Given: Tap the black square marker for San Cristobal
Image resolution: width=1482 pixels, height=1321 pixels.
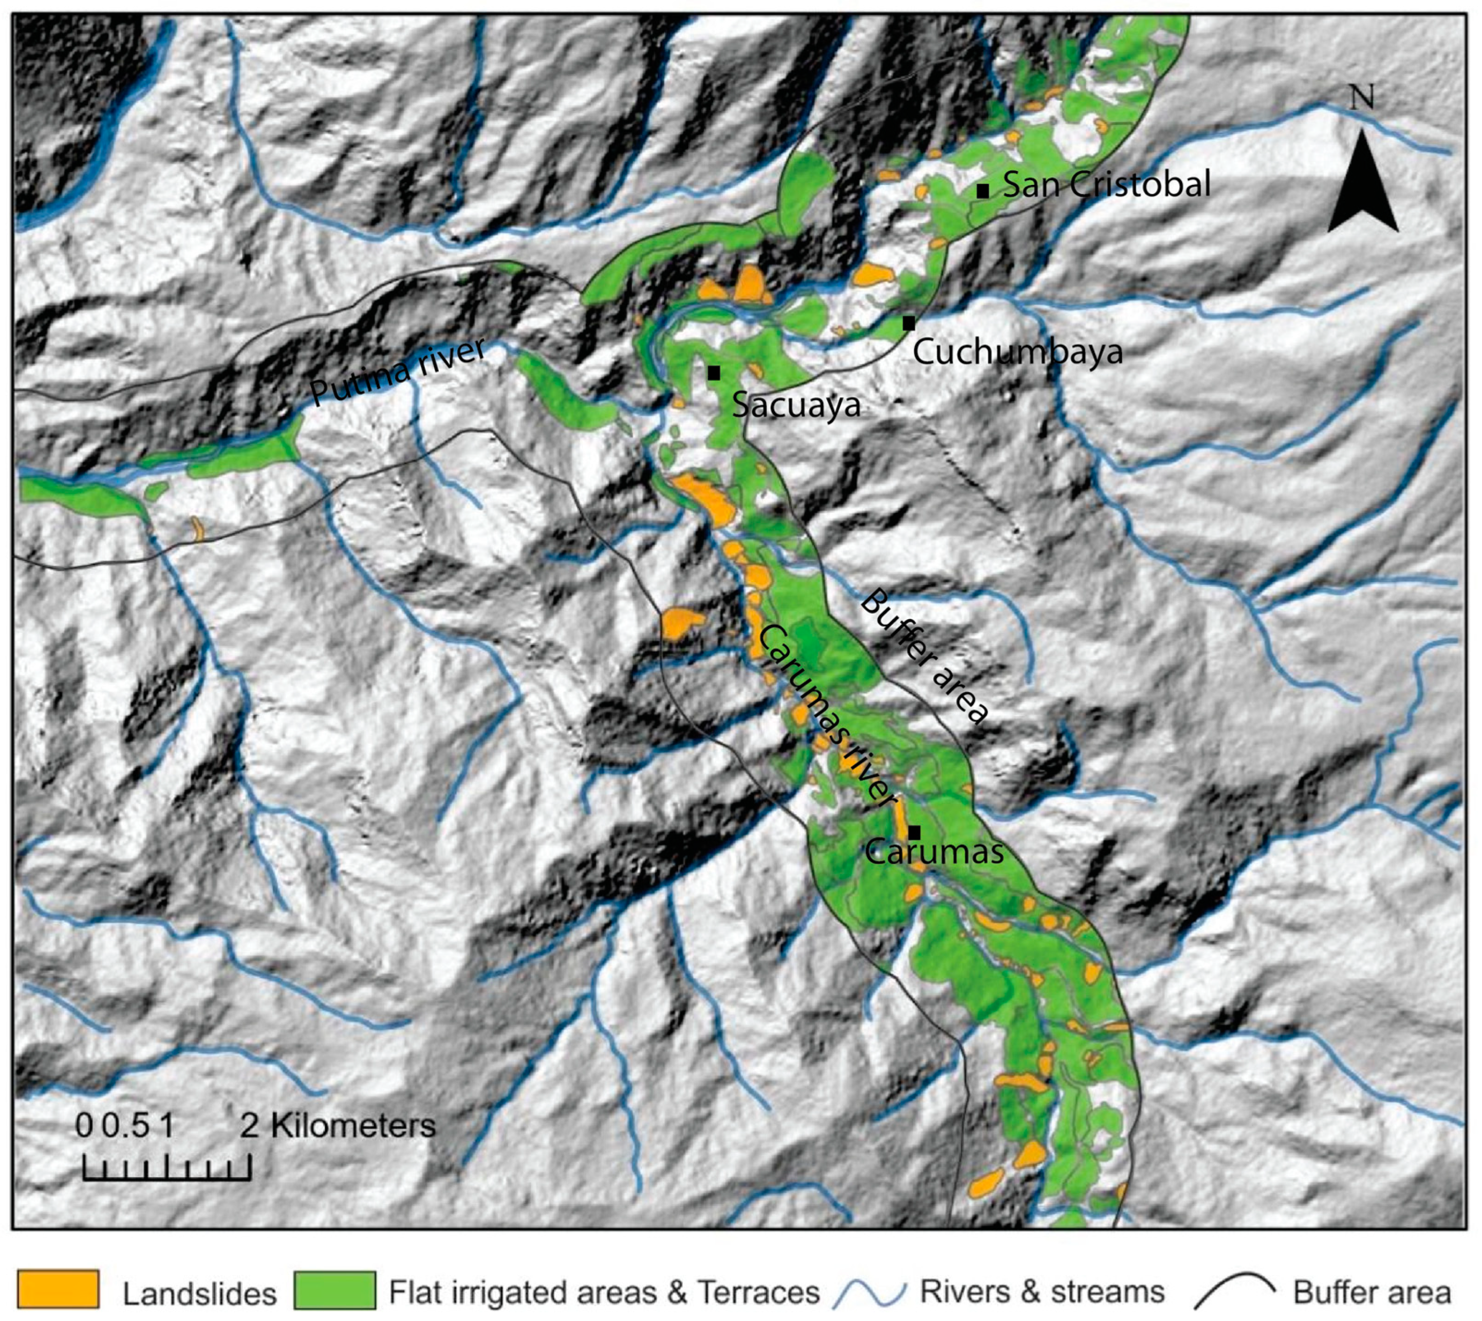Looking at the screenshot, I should [x=983, y=191].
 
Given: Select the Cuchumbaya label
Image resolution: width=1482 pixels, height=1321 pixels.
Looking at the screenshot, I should [x=1018, y=353].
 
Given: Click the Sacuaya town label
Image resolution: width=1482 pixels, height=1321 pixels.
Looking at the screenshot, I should [x=796, y=405].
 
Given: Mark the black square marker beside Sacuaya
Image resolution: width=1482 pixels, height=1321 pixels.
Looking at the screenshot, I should [x=714, y=373].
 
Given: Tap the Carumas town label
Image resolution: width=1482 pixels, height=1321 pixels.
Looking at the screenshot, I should [x=935, y=851].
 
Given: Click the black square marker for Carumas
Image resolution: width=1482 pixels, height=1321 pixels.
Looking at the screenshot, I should [x=914, y=832].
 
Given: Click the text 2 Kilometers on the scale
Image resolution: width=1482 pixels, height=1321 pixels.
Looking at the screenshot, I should [x=338, y=1126].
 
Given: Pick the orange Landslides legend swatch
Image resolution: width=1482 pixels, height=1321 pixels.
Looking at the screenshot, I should [x=58, y=1289].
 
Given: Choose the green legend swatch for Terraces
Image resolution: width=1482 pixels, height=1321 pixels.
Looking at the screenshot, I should [x=335, y=1289].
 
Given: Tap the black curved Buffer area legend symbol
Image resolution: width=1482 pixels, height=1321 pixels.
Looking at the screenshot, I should [x=1234, y=1290].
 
